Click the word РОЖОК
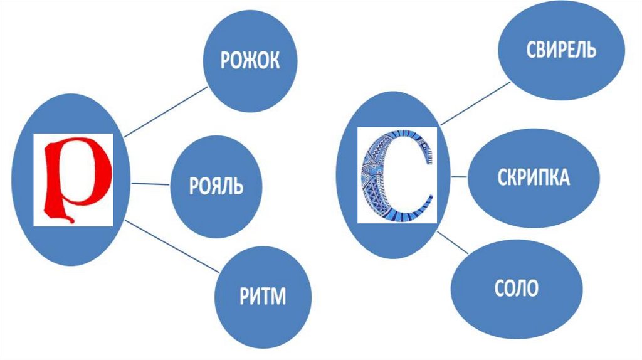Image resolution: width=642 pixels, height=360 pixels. [249, 61]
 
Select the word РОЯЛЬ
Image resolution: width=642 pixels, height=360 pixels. [216, 187]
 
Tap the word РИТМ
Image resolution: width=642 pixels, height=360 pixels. [262, 295]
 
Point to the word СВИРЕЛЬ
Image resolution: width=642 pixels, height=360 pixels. [560, 50]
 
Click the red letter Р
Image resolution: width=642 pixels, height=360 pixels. [73, 179]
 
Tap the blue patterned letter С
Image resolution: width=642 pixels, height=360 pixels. [396, 176]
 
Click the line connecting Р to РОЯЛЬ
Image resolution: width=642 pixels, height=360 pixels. [150, 184]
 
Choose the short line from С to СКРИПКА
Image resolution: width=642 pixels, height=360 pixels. [459, 177]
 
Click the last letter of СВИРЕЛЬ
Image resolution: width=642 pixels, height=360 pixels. [591, 50]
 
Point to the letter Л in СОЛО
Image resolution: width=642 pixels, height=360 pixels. [522, 289]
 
